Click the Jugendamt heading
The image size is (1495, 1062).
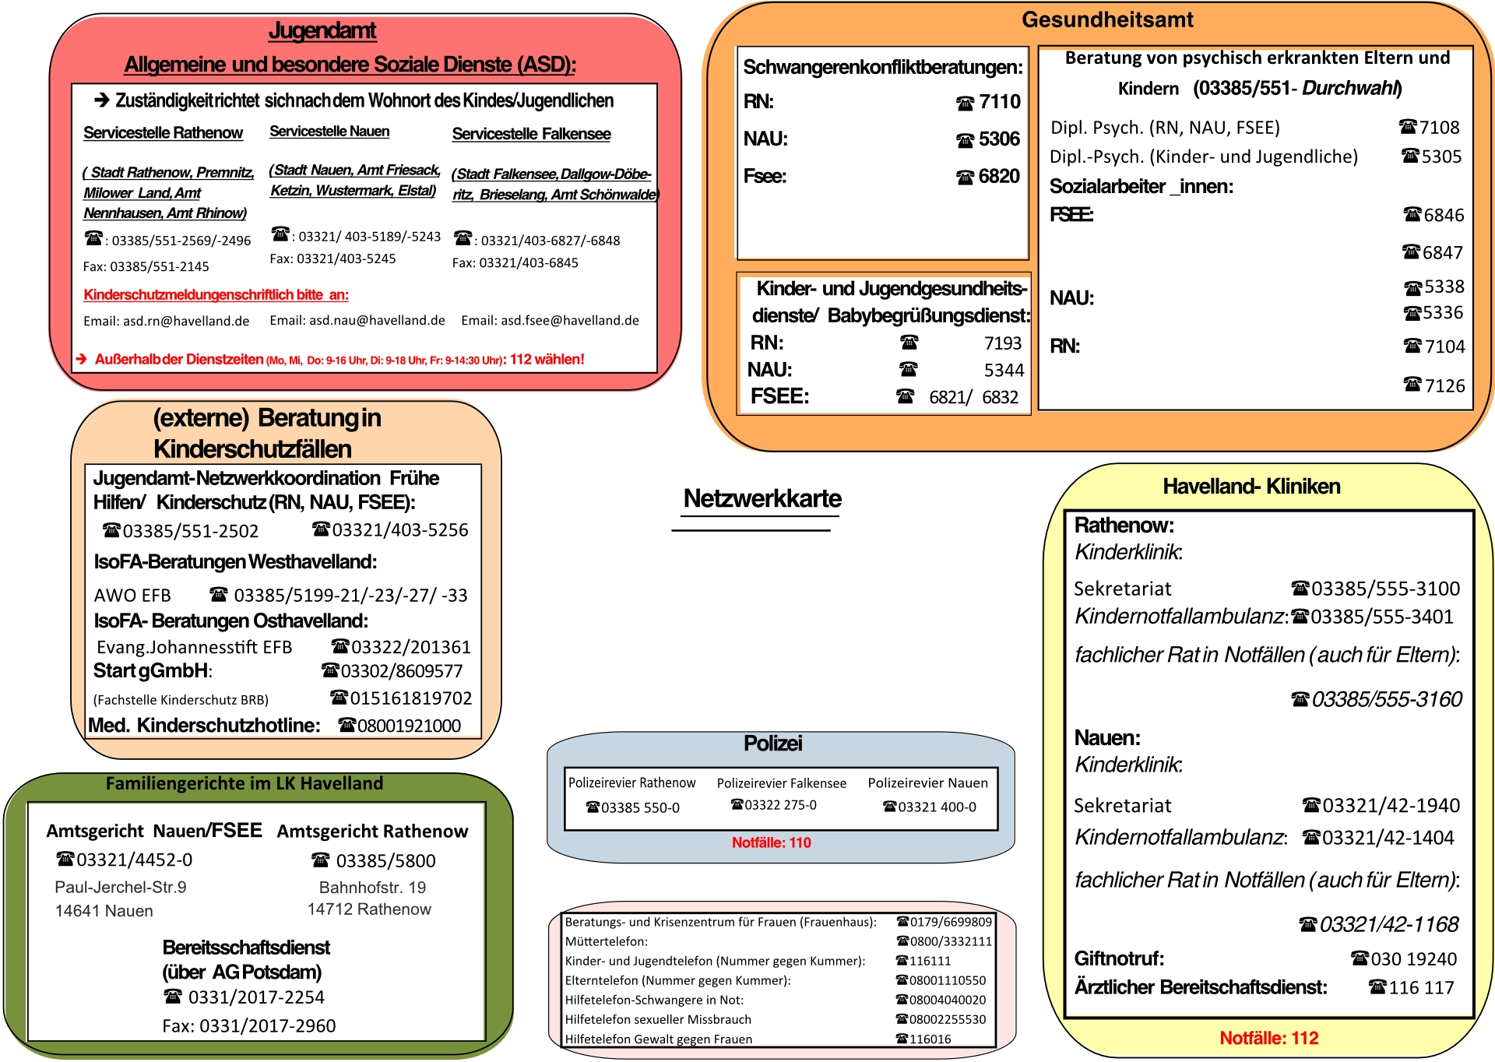322,30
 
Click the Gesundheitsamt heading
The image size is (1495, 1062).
1107,19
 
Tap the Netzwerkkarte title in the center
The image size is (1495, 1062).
762,498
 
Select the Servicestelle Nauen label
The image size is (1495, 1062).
329,132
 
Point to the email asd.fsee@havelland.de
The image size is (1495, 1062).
550,320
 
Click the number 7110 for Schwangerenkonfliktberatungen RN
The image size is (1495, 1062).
1000,101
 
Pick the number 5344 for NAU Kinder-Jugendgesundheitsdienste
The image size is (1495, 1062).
1004,370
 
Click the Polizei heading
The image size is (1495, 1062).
772,744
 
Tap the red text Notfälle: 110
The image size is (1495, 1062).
771,842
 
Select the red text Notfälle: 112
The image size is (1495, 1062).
1268,1038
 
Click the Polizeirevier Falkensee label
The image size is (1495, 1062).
781,783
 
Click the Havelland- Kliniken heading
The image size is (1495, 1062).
1251,487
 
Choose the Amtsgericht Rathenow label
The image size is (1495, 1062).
372,832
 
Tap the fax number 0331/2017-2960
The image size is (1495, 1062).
267,1026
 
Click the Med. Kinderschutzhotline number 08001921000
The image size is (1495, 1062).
409,726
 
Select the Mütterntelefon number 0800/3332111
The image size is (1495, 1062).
951,941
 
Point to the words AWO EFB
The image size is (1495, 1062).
132,596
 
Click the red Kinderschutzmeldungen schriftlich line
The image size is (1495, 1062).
216,294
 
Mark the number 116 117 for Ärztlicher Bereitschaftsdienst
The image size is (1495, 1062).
1421,988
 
